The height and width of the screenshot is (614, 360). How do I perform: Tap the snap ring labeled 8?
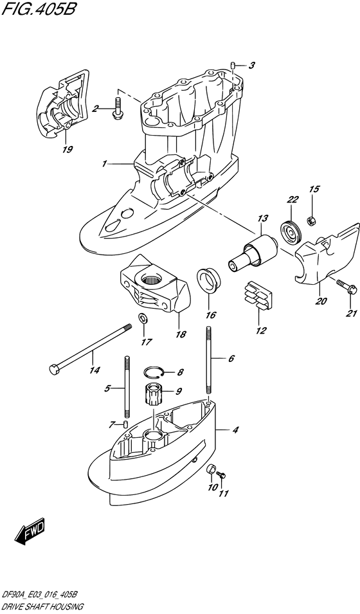154,372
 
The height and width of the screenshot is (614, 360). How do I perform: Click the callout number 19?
67,149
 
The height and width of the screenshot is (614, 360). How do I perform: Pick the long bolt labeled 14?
89,347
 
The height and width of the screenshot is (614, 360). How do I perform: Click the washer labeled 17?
143,318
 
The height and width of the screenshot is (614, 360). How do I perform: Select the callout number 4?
235,430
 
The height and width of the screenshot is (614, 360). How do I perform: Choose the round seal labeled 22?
292,232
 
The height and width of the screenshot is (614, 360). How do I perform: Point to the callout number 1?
104,164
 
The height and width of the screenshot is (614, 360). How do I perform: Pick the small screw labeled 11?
221,476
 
